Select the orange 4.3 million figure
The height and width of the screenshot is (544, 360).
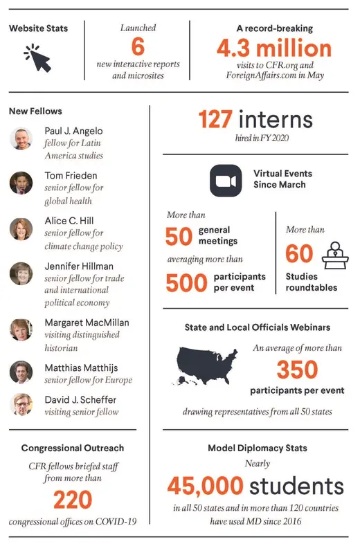[273, 48]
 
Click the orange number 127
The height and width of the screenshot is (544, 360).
[215, 120]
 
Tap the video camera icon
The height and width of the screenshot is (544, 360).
[224, 181]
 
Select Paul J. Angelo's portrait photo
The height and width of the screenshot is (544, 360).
[21, 138]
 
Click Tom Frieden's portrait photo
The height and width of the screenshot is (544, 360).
[21, 183]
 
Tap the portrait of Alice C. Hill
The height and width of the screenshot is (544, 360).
[21, 228]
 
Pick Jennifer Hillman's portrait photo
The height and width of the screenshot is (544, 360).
[21, 273]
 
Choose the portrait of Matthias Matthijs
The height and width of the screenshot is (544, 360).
[21, 372]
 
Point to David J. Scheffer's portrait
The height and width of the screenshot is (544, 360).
[21, 404]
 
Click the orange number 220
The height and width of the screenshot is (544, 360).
[72, 499]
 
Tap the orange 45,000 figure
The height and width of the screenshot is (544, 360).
[214, 485]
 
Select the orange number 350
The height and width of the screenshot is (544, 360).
[297, 370]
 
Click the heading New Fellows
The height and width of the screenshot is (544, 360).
[35, 111]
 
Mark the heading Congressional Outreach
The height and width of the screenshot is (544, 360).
[72, 448]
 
